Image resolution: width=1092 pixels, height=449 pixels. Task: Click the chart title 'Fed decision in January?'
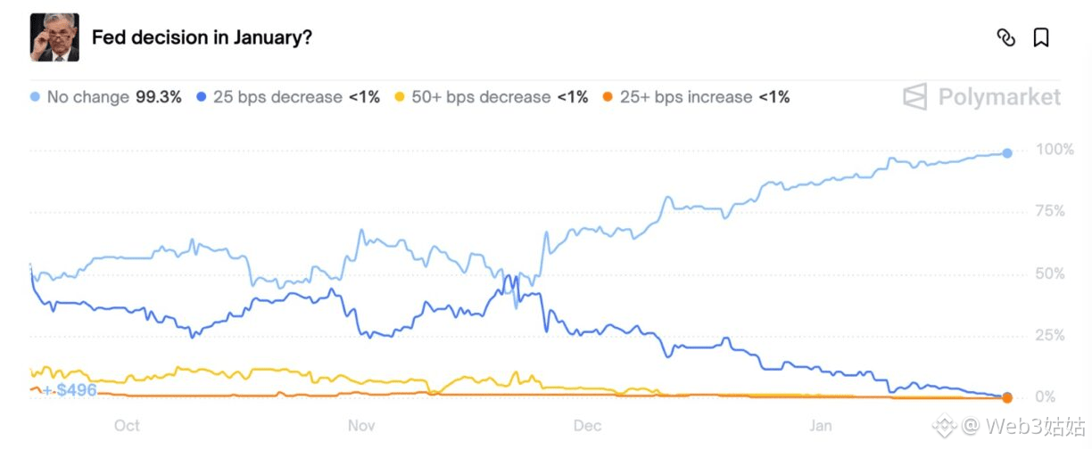pos(202,37)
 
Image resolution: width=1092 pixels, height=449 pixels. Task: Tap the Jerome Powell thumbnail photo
pos(54,37)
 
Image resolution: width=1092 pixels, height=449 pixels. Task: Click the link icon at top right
pos(1005,37)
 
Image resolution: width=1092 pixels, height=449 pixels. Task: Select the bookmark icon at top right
pos(1040,37)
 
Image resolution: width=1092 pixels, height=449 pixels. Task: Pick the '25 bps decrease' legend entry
pos(277,97)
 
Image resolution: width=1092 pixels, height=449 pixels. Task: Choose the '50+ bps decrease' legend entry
pos(481,97)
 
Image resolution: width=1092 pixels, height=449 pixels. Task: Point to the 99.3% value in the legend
pos(158,97)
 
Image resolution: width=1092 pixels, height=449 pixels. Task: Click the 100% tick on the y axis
pos(1055,150)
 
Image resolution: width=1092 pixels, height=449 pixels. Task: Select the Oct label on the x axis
pos(127,426)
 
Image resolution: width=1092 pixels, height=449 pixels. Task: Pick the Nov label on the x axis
pos(361,426)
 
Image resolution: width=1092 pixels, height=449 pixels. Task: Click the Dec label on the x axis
pos(588,426)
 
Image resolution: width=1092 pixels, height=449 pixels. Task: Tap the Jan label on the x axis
pos(821,426)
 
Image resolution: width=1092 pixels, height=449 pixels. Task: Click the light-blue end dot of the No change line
pos(1007,153)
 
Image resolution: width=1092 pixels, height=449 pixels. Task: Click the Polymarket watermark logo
pos(981,97)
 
